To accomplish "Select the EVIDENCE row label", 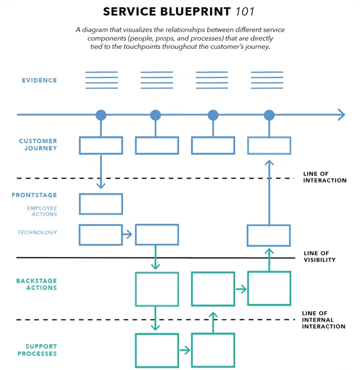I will pos(39,80).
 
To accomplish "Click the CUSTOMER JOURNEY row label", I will pos(38,145).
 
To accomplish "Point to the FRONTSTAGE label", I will pos(34,195).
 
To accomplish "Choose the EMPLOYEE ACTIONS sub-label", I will pos(42,211).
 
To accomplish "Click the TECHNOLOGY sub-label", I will pos(37,233).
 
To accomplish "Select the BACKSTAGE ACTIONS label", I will pos(36,284).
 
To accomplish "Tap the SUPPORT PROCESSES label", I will pos(41,350).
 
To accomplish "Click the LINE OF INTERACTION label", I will pos(325,177).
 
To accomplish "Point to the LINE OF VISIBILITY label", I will pos(320,256).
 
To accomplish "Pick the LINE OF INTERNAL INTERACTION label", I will pos(324,320).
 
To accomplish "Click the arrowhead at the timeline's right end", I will pos(341,115).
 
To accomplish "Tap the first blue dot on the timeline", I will pos(101,115).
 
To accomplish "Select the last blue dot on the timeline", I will pos(269,115).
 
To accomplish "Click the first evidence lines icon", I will pos(102,80).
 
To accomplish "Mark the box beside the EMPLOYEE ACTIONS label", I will pos(101,204).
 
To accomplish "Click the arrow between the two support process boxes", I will pos(185,350).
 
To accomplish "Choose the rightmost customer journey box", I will pos(269,145).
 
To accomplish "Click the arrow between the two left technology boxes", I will pos(128,235).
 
